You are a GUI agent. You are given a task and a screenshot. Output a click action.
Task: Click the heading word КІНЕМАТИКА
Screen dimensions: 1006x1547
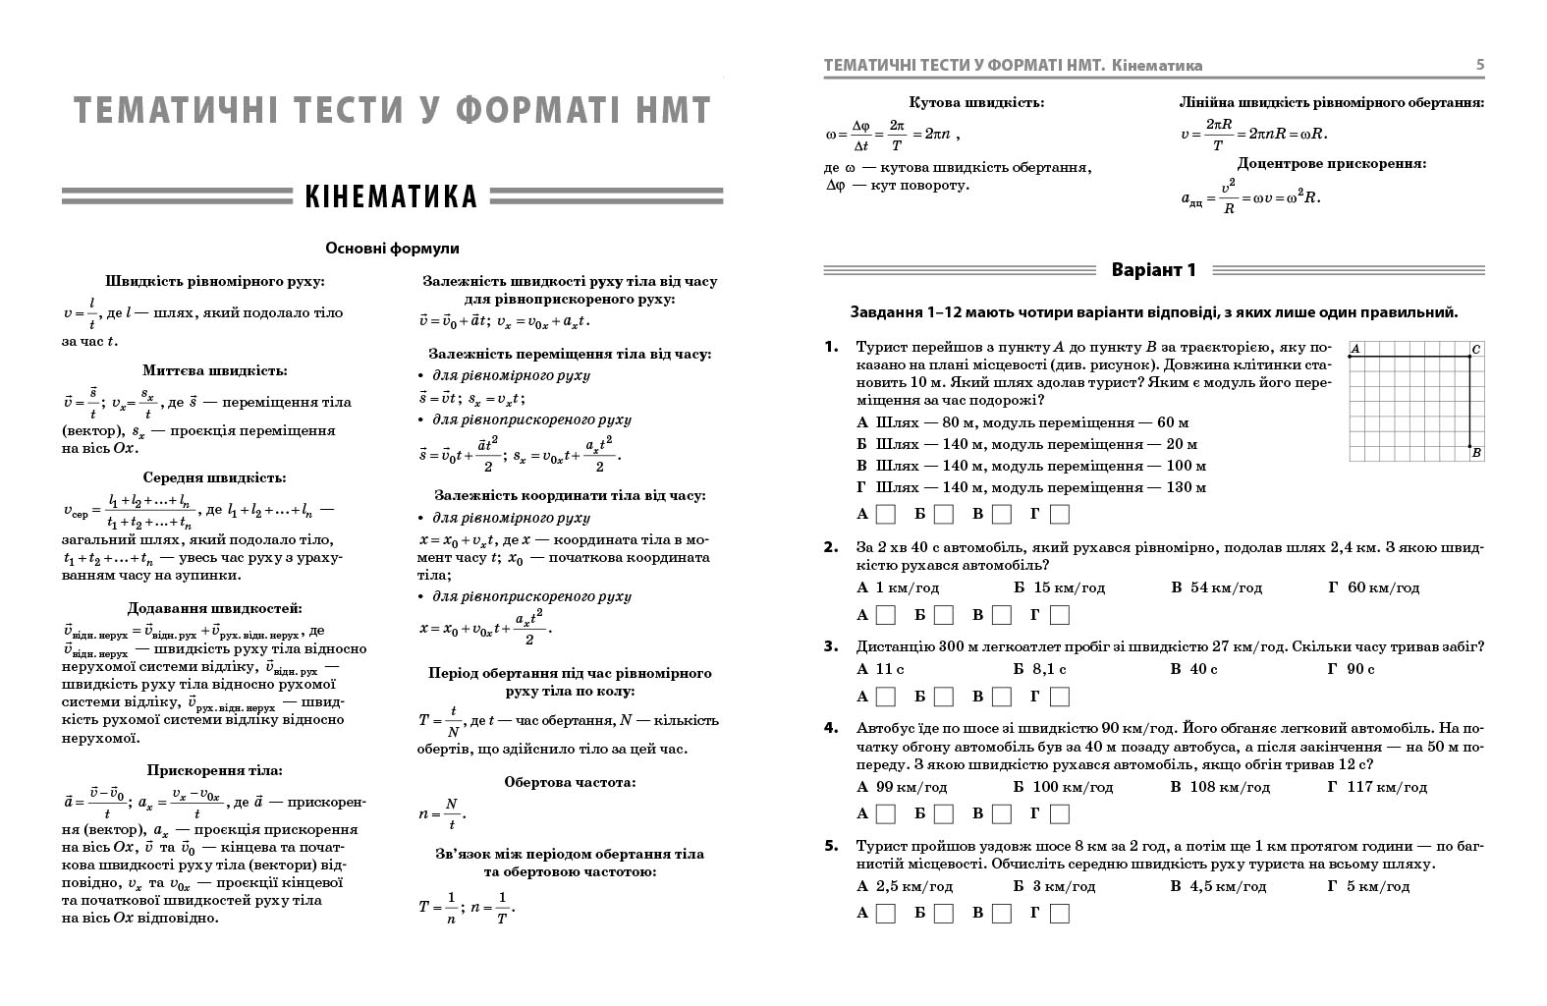click(x=391, y=196)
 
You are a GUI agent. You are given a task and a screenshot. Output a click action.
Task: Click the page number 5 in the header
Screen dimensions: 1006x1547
click(x=1479, y=66)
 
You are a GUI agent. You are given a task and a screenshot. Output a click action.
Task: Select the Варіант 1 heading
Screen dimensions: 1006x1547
click(x=1153, y=270)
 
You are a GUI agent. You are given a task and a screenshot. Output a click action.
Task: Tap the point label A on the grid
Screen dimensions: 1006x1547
click(x=1354, y=349)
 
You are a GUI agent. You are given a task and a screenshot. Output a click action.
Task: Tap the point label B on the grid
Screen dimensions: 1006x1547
click(x=1476, y=453)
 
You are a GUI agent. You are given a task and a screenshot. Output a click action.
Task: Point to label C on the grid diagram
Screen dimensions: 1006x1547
click(x=1476, y=349)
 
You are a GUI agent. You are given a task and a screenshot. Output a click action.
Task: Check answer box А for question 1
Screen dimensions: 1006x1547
click(x=885, y=514)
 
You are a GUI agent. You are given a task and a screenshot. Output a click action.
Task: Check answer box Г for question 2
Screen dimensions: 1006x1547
click(x=1059, y=615)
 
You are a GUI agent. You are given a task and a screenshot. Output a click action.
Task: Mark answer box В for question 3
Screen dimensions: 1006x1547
click(x=1001, y=697)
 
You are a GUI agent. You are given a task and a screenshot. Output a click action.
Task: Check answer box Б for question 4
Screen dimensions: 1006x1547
click(x=943, y=813)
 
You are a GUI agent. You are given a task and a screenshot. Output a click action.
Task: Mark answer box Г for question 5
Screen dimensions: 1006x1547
click(x=1059, y=914)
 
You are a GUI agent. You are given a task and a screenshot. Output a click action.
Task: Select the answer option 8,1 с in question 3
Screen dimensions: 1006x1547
click(x=1049, y=669)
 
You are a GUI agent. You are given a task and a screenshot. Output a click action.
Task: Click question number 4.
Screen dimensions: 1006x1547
click(x=831, y=728)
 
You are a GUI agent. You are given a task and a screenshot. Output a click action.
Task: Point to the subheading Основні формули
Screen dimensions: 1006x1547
click(x=392, y=250)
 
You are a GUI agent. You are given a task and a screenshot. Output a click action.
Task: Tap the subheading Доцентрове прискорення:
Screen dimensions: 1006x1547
click(x=1331, y=164)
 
